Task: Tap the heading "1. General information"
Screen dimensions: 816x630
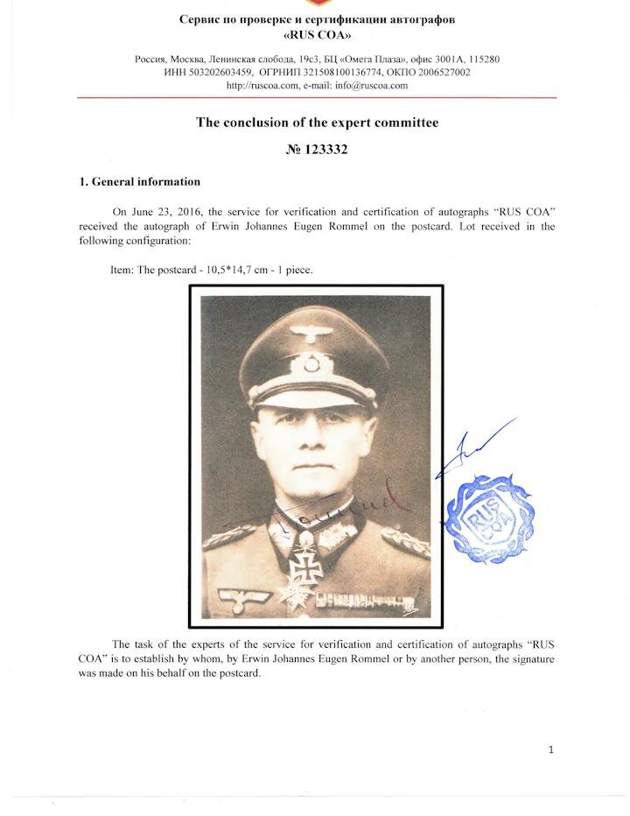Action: (x=140, y=182)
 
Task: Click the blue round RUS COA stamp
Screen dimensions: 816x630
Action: (x=489, y=518)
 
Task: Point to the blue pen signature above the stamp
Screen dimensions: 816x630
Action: (x=477, y=447)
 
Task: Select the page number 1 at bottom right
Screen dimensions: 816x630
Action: (x=550, y=749)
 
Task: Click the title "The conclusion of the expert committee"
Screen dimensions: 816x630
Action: (x=317, y=123)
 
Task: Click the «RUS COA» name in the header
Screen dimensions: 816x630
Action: (x=317, y=38)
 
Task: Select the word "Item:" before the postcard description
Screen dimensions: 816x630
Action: (x=122, y=270)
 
